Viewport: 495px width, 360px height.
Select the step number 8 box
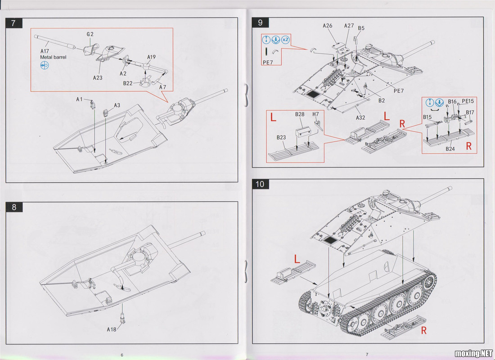(x=14, y=207)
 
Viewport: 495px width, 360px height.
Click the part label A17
(x=45, y=51)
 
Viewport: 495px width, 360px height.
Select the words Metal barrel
(x=53, y=58)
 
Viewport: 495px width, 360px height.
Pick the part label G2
(x=90, y=34)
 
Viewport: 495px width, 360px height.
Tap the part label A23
(x=98, y=77)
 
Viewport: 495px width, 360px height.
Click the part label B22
(x=128, y=83)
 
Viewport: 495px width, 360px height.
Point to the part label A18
(x=112, y=329)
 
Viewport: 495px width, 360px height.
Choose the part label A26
(x=328, y=26)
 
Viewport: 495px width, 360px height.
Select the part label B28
(x=300, y=114)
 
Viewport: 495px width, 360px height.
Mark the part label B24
(x=450, y=148)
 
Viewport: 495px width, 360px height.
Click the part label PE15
(x=468, y=101)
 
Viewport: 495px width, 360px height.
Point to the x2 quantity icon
(x=286, y=39)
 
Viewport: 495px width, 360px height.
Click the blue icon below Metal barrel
(x=44, y=65)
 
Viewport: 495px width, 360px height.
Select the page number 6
(x=122, y=355)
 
